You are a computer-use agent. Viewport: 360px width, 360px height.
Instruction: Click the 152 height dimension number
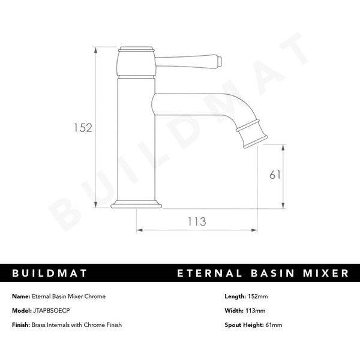tap(82, 127)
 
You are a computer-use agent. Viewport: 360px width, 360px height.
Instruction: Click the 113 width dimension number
tap(197, 221)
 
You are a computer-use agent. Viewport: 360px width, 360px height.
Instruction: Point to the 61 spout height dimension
tap(275, 175)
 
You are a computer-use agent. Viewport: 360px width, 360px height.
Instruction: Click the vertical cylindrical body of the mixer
tap(137, 138)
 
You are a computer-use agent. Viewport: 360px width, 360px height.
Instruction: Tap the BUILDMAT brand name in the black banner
tap(50, 274)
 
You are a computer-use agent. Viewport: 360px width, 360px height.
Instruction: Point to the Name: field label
tap(20, 296)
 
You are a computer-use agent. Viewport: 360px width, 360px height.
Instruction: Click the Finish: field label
tap(22, 325)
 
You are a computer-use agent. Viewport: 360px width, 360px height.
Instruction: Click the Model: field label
tap(22, 311)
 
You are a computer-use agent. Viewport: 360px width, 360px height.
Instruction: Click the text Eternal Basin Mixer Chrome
tap(68, 296)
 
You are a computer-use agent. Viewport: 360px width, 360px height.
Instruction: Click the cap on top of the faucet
tap(137, 48)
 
